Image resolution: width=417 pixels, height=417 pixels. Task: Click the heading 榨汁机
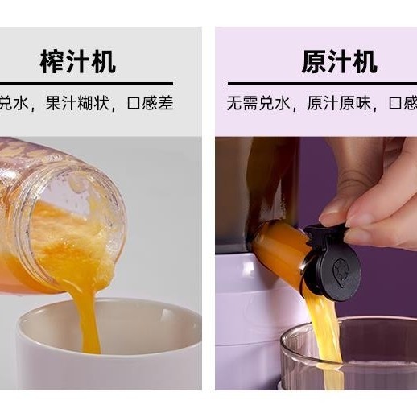(x=78, y=61)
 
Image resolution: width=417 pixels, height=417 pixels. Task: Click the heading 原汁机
(x=339, y=61)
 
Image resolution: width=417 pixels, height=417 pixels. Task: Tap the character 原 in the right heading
(x=313, y=61)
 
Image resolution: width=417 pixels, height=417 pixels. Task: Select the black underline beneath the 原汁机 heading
(x=322, y=82)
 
